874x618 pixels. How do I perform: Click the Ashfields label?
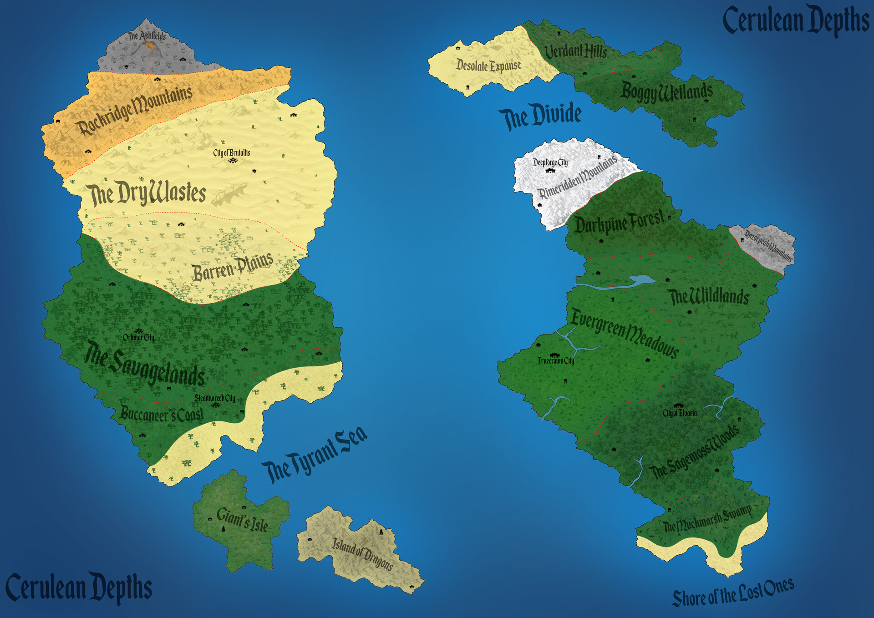(x=147, y=35)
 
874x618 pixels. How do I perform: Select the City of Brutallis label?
(x=232, y=153)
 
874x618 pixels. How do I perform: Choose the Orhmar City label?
(x=138, y=338)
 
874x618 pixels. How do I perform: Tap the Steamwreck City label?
(x=215, y=398)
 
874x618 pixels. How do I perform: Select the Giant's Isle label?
(x=242, y=519)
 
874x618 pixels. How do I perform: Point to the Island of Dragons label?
(x=362, y=553)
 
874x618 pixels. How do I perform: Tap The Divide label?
(x=540, y=116)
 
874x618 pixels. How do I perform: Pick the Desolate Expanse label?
(x=488, y=66)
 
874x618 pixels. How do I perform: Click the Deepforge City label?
(x=550, y=162)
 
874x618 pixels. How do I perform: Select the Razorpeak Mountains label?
(x=768, y=246)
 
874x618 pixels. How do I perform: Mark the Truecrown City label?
(x=555, y=361)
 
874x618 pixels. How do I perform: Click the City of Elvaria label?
(x=679, y=413)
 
